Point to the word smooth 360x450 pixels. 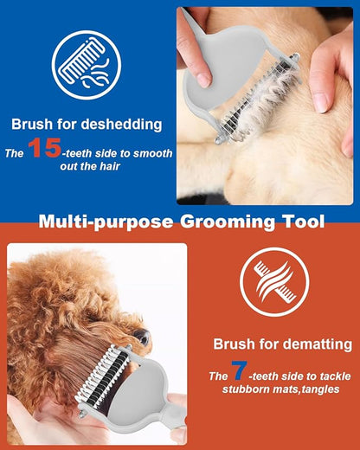(x=153, y=154)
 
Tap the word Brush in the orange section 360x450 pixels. (x=235, y=344)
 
